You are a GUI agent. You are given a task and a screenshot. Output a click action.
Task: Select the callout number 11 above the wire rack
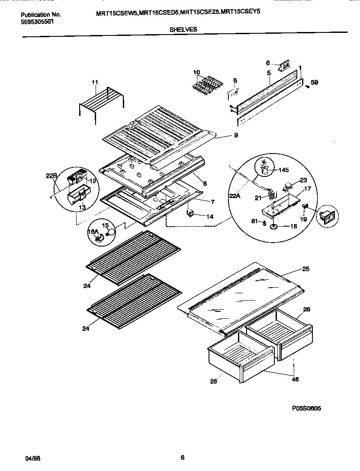(95, 82)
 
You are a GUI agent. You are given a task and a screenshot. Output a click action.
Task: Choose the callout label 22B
(51, 176)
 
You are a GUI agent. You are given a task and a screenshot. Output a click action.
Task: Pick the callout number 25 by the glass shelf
(305, 269)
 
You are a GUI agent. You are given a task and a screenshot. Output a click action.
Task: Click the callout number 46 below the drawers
(295, 379)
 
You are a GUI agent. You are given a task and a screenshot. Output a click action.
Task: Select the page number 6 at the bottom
(183, 457)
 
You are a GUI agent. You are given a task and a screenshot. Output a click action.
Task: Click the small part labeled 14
(189, 213)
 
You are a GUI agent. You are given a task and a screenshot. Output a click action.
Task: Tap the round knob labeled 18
(273, 227)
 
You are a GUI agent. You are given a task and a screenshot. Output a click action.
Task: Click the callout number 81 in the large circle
(255, 222)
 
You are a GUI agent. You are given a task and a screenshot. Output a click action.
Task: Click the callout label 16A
(93, 233)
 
